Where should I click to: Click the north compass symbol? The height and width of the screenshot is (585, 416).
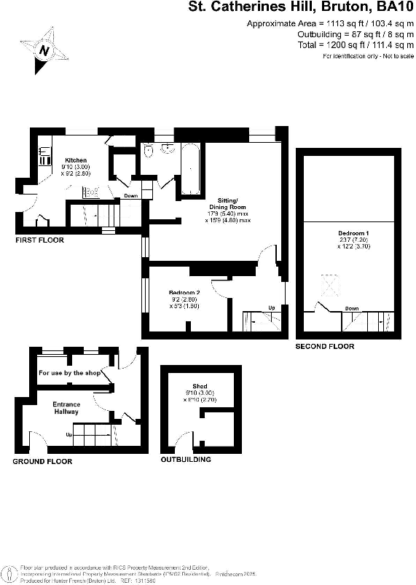45,50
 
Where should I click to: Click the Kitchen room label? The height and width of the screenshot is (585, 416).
76,160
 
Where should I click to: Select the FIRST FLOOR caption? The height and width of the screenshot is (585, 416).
40,240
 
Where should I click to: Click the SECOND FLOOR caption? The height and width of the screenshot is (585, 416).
324,347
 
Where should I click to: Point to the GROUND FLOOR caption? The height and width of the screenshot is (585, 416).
42,462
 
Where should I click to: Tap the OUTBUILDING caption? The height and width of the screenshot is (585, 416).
186,460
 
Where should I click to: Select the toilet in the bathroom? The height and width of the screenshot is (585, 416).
149,151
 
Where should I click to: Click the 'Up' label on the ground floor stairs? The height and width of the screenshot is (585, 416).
70,435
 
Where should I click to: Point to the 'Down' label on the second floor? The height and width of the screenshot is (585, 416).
352,308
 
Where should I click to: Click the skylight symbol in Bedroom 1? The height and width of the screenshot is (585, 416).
331,285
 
